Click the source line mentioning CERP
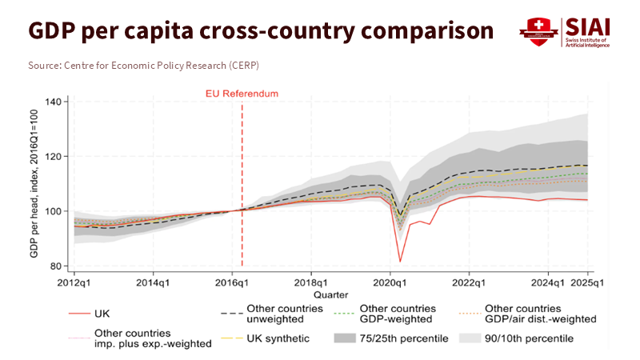point(144,65)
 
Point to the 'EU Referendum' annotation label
point(242,94)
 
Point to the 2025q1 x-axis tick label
point(590,282)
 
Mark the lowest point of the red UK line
point(401,262)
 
